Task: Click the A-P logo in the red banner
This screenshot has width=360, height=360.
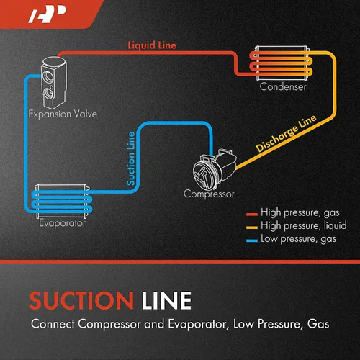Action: point(47,14)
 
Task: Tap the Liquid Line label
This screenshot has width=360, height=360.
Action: point(152,45)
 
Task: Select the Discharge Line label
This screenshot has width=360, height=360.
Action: point(286,133)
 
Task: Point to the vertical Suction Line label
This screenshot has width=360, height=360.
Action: point(131,158)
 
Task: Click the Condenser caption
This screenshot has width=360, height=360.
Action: point(283,86)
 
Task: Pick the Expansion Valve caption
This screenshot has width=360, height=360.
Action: point(63,114)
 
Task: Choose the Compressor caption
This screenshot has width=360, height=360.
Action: point(209,194)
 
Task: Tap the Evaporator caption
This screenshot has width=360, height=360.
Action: point(62,223)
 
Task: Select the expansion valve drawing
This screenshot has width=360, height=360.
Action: point(54,82)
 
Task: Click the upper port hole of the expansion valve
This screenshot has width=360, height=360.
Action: point(48,76)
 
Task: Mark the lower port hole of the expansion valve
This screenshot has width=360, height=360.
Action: point(48,93)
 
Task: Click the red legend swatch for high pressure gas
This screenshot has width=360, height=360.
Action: point(252,215)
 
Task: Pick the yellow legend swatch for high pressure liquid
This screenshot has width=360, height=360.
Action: point(252,228)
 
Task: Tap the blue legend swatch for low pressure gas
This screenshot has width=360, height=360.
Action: point(252,240)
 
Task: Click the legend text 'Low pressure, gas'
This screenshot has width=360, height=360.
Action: point(298,239)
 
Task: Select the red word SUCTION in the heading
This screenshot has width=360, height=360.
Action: point(81,300)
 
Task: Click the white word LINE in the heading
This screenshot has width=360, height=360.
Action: point(166,300)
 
